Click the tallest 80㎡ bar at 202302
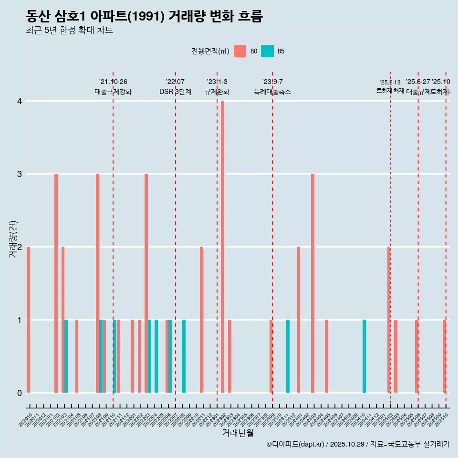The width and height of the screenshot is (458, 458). click(222, 247)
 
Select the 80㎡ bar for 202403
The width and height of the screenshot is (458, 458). click(312, 283)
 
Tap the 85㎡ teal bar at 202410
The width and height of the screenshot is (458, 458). click(364, 356)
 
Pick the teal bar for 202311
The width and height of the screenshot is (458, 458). click(288, 356)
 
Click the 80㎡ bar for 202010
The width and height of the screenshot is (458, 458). click(29, 320)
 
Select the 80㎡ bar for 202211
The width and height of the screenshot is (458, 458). click(201, 320)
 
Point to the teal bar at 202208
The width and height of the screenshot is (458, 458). click(184, 356)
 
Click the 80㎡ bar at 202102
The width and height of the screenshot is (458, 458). click(56, 283)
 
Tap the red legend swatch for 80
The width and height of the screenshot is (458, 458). click(240, 51)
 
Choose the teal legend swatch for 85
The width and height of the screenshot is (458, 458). click(268, 51)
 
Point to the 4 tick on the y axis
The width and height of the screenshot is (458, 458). click(20, 101)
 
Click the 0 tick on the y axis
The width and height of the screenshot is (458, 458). click(20, 393)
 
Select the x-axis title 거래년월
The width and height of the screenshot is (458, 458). click(238, 433)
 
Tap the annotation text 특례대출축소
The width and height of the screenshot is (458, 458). click(272, 92)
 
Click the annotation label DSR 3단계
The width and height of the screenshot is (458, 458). click(175, 92)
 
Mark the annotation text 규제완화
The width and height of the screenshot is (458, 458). click(217, 92)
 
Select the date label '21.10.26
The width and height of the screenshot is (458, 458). click(113, 82)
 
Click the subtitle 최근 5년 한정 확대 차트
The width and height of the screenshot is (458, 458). click(69, 31)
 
